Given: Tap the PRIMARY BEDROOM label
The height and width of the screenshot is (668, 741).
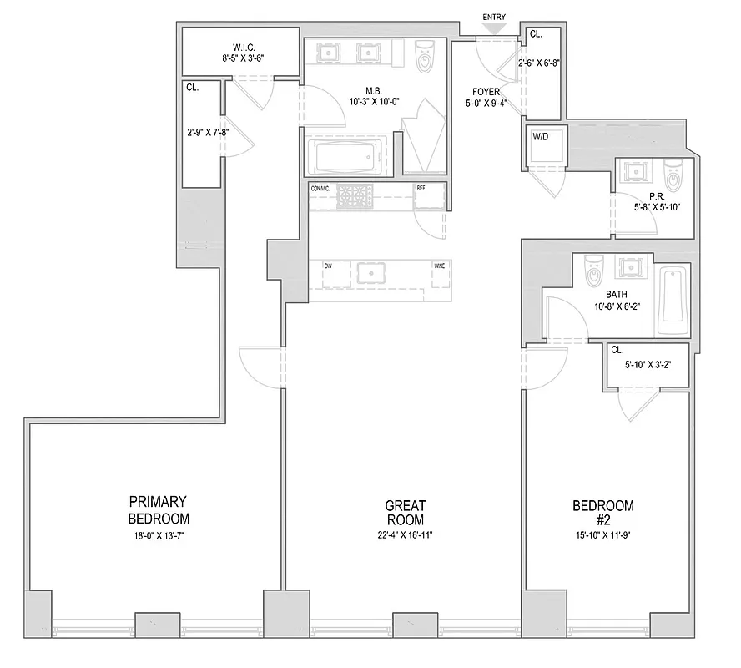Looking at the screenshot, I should point(158,509).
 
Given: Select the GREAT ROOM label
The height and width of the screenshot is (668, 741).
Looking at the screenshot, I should point(406,513).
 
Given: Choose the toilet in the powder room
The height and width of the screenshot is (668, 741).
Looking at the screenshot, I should point(673,176).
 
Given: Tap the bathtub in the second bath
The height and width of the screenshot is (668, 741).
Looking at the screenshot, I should point(673,300).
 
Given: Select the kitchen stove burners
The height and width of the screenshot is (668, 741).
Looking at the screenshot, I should point(355,197).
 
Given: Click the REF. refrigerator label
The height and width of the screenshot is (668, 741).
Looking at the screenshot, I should point(421,189).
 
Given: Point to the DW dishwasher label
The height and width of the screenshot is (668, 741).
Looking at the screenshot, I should point(328,266).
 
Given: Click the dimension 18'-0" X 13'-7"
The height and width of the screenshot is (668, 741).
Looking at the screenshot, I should point(157,534).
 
